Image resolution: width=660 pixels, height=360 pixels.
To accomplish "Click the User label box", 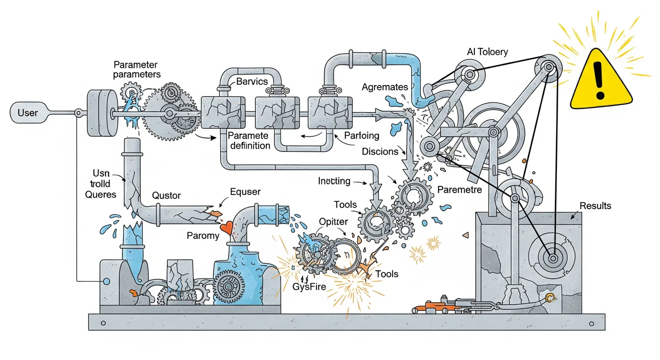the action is point(28,113).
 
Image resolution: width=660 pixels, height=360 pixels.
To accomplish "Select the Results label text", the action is point(595,206).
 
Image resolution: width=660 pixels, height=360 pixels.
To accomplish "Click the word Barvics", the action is point(252,81).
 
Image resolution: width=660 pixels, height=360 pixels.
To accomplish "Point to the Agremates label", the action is point(385,87).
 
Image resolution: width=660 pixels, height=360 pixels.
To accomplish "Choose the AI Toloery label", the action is point(487,52).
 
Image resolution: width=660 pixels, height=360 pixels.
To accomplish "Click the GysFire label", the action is point(309,287).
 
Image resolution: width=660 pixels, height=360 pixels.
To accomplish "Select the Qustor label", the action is point(166,195).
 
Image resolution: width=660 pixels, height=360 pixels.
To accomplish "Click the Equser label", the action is point(245,192).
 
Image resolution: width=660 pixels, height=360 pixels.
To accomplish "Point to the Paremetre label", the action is point(460,190).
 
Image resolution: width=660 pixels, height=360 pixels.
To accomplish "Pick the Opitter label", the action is point(333,221).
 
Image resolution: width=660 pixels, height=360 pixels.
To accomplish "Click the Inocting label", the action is point(334,181).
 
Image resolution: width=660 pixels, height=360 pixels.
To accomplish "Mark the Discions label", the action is point(380,151).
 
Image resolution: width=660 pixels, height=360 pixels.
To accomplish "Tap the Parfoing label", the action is point(361,136).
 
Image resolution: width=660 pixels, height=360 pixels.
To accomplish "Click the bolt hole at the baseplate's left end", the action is point(103,323).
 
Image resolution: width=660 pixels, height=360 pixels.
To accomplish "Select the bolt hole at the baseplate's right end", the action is point(592,324).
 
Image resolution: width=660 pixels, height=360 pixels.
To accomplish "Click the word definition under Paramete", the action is point(250,146).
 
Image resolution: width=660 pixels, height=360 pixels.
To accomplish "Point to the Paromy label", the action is point(203,236).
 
